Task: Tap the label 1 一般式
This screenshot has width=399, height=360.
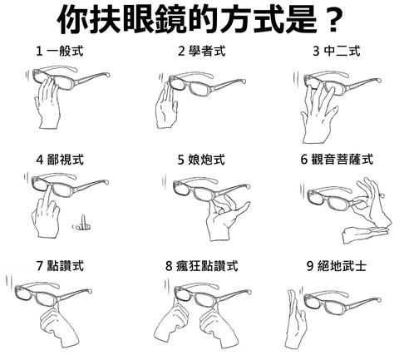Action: [x=59, y=52]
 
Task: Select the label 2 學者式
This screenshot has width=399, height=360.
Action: [x=200, y=52]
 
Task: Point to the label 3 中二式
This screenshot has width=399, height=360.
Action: [x=336, y=52]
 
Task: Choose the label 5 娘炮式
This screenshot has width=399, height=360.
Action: [x=200, y=159]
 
